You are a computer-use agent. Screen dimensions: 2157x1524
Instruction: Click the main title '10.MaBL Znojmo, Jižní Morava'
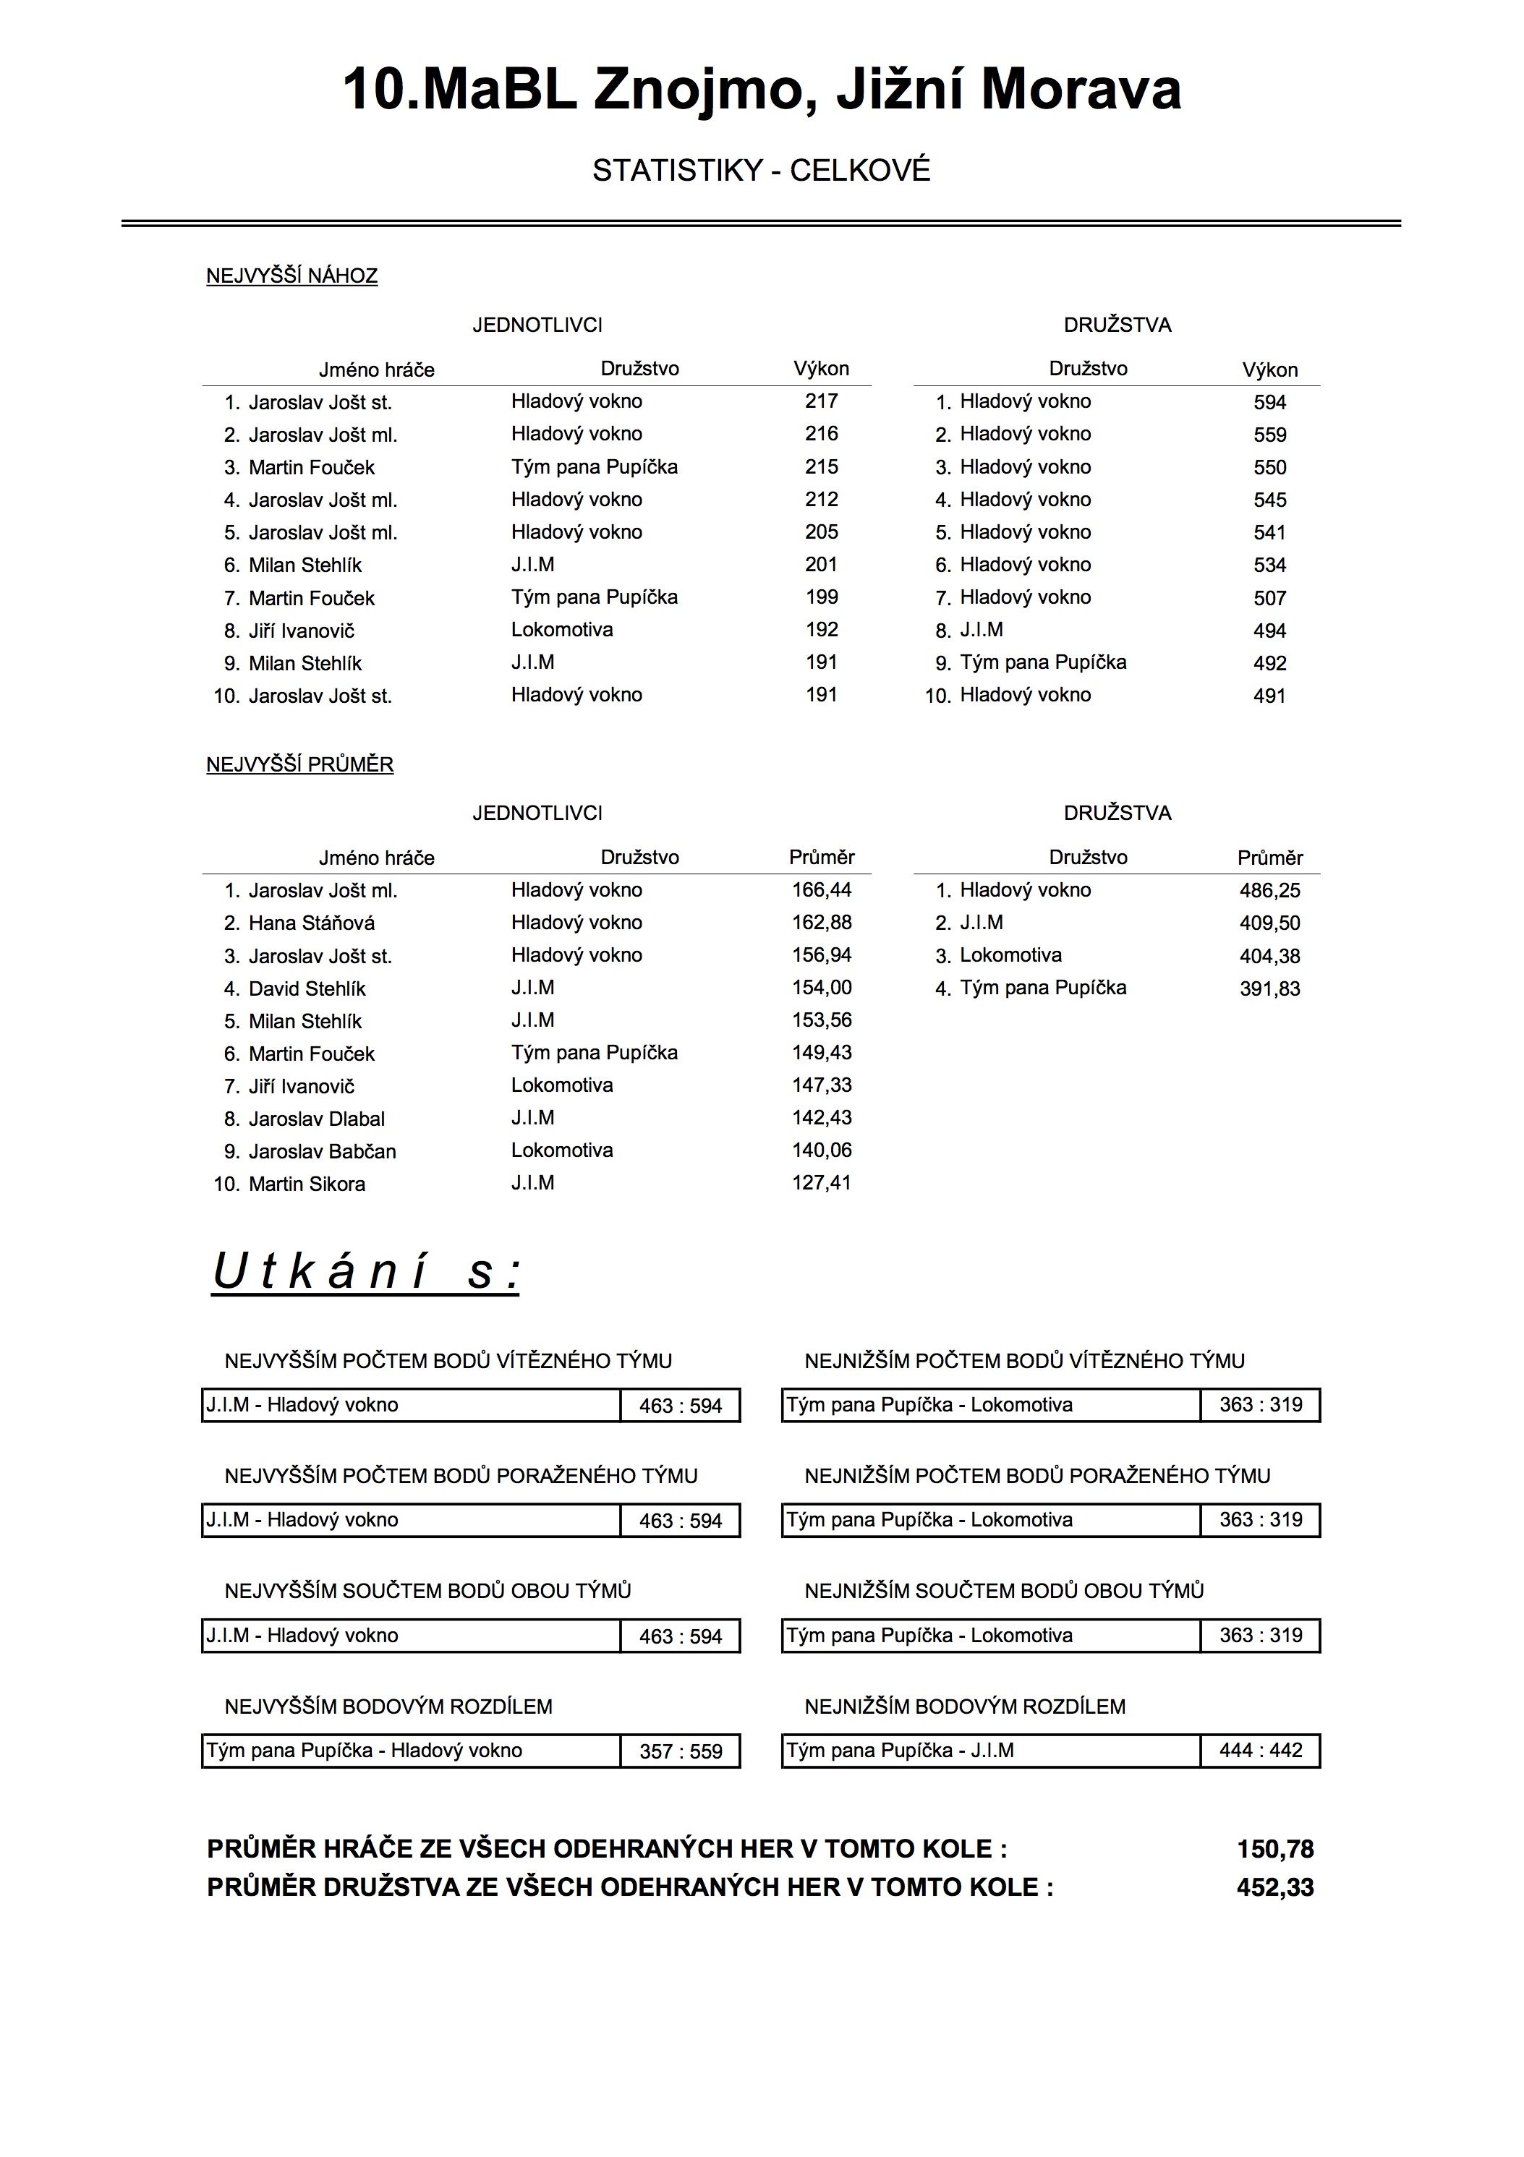761,91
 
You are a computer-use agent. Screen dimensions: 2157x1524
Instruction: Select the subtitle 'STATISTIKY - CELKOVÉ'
761,171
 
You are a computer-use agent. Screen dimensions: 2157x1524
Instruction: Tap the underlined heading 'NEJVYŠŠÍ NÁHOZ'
291,276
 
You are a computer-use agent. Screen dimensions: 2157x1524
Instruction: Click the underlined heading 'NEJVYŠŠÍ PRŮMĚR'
299,765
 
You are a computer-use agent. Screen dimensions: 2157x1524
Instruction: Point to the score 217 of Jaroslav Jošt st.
821,401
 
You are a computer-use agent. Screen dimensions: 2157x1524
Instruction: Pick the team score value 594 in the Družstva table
1269,402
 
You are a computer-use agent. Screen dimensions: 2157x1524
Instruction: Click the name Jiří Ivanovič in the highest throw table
302,631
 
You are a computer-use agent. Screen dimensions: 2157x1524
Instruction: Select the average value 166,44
821,889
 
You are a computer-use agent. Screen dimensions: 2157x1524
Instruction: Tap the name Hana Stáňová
311,923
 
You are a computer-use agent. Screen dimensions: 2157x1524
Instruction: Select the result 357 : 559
680,1751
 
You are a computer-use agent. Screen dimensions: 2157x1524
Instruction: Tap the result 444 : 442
1261,1750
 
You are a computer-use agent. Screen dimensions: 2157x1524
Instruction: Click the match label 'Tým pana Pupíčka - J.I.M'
899,1750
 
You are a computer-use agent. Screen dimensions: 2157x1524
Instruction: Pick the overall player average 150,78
1275,1849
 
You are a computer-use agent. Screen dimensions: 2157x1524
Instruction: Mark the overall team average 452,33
1275,1887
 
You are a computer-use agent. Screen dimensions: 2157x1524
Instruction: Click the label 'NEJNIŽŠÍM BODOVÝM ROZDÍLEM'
965,1706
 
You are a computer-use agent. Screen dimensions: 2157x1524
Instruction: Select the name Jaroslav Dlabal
317,1119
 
